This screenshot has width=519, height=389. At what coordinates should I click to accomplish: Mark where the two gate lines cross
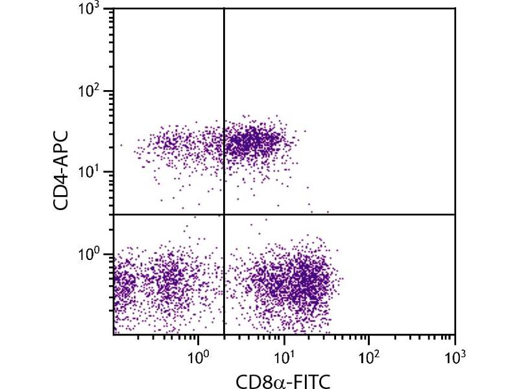coord(224,214)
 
